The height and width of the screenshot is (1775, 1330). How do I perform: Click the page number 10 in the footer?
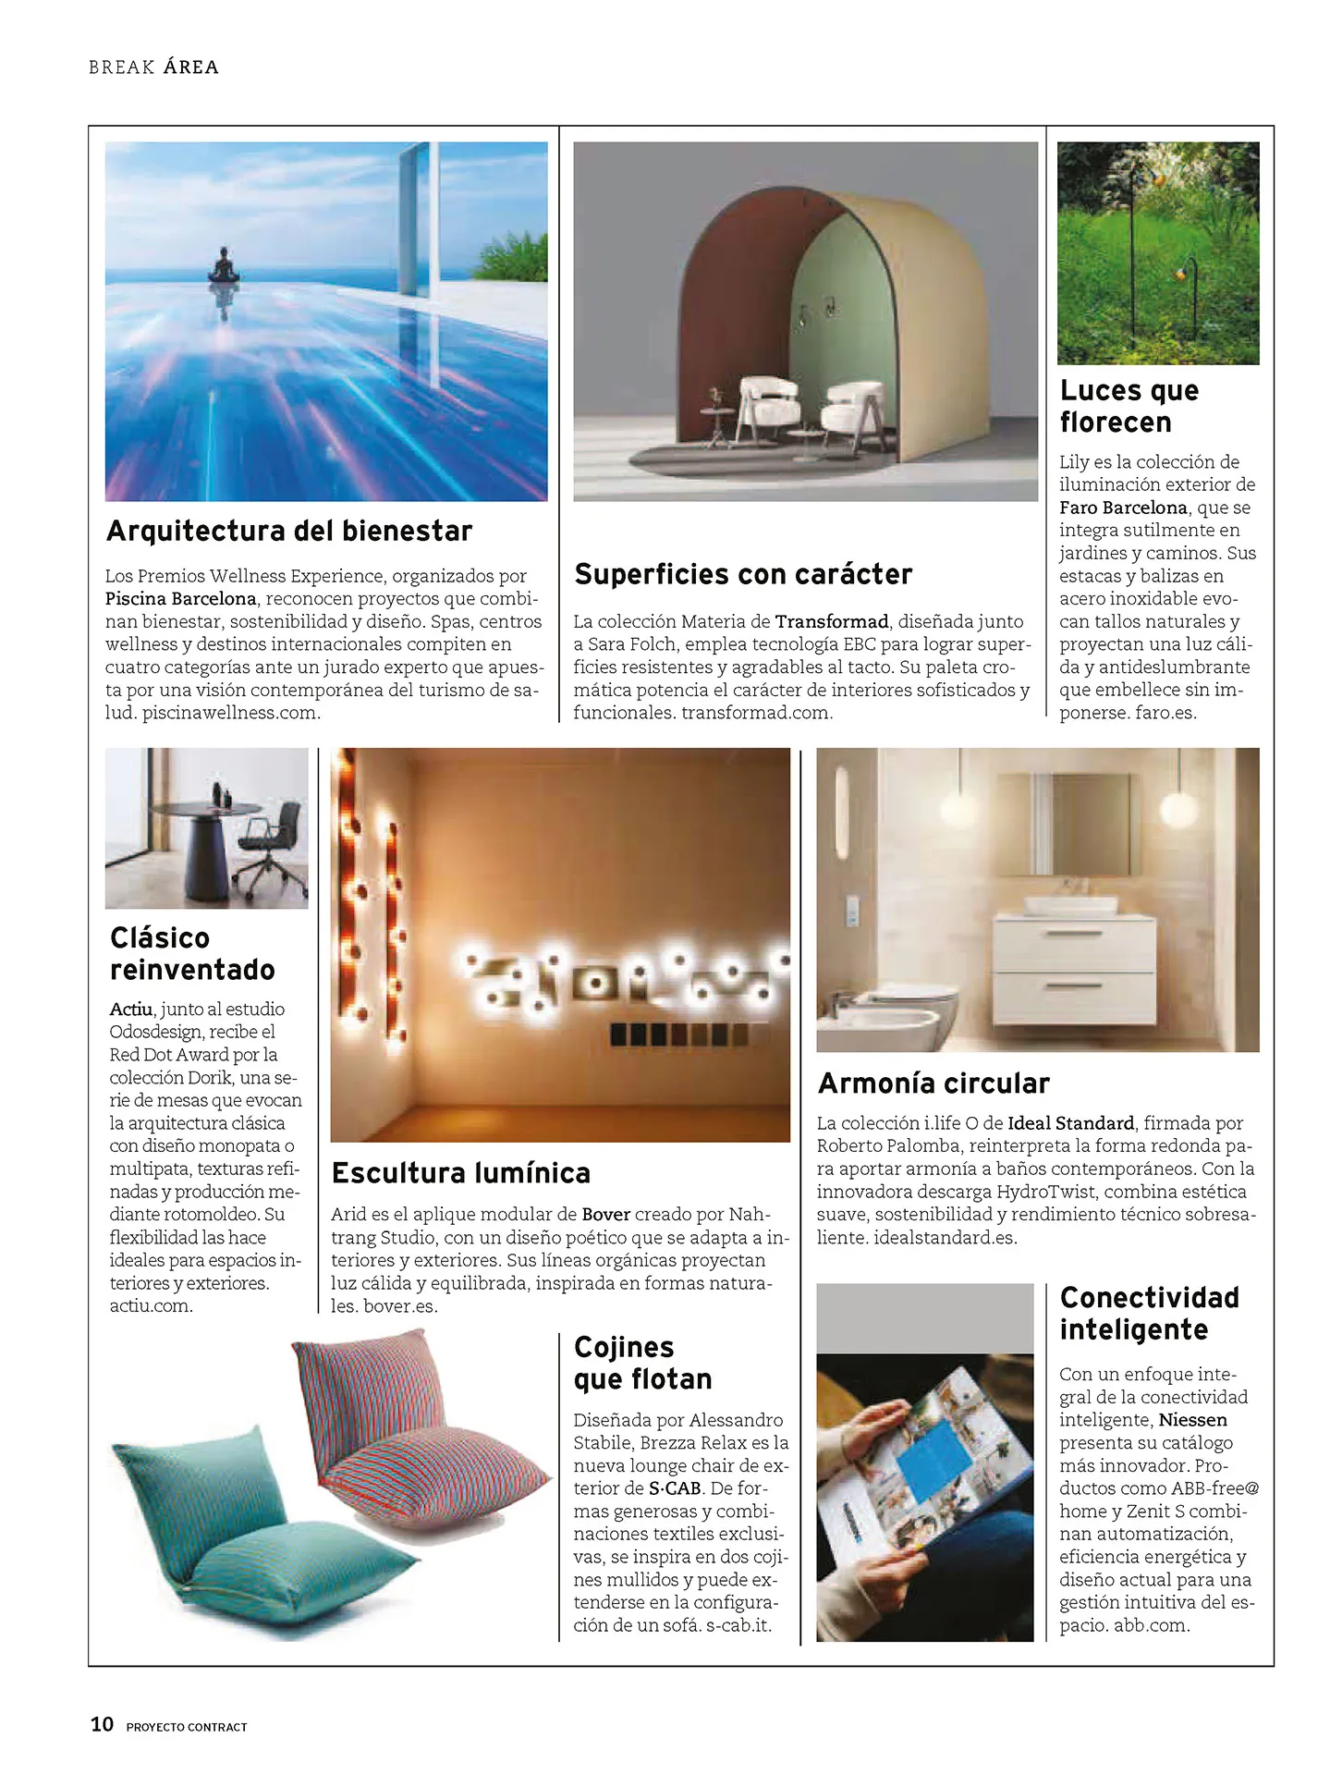coord(102,1724)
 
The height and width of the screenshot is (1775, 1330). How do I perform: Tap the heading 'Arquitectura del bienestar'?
coord(289,531)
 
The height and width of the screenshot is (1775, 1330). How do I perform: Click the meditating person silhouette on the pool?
coord(222,267)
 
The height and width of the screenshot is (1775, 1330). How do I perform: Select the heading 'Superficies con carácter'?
coord(743,574)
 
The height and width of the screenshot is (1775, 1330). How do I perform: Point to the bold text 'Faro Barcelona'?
coord(1123,508)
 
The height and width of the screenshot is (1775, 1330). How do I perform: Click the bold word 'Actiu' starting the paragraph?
coord(130,1009)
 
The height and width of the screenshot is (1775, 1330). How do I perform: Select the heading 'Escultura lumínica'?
coord(460,1173)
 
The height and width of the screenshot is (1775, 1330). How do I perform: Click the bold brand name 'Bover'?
coord(605,1214)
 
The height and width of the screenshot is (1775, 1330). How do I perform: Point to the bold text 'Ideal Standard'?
coord(1070,1123)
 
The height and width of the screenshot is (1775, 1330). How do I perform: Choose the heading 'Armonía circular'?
coord(933,1083)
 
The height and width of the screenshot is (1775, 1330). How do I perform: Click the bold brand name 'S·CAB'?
coord(675,1488)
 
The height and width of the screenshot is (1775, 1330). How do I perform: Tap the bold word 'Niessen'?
coord(1192,1420)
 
